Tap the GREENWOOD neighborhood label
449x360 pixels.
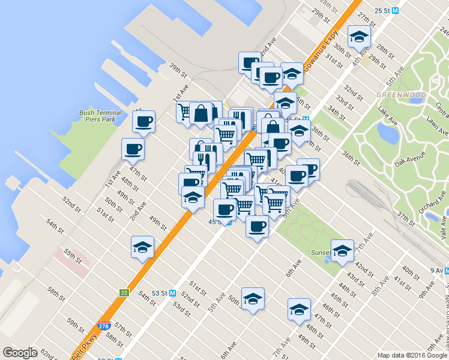(393, 95)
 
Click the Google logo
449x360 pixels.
(20, 353)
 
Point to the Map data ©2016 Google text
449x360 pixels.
(412, 355)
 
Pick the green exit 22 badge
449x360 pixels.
(124, 292)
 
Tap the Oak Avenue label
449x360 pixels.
(411, 159)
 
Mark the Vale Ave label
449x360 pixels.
(443, 227)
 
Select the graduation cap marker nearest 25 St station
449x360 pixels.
(359, 37)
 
